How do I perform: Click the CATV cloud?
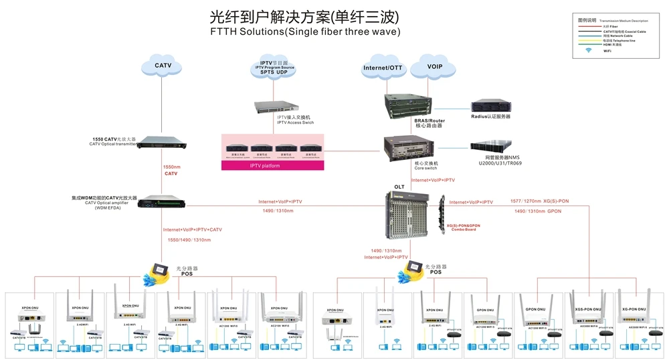tap(163, 66)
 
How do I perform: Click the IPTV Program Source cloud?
tap(276, 67)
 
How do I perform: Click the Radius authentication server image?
tap(491, 106)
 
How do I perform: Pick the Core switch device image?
tap(405, 147)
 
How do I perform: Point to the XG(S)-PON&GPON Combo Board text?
tap(463, 228)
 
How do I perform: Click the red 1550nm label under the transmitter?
tap(171, 166)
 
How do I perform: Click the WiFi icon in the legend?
tap(589, 50)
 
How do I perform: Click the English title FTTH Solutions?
tap(305, 31)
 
